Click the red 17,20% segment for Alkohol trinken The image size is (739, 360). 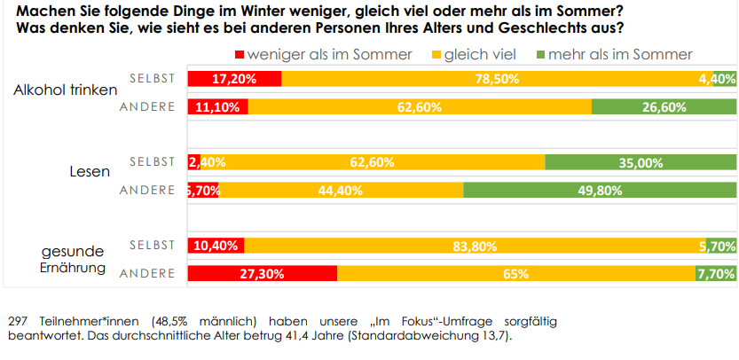pos(234,79)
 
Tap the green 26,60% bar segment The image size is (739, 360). pos(664,107)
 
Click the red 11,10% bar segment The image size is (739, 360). pos(217,107)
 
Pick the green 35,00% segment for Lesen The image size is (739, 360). pos(641,162)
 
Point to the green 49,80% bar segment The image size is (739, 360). pos(600,191)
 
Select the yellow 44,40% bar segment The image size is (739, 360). pos(342,191)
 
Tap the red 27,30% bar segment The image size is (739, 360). pos(262,275)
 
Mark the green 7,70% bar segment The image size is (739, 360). pos(716,275)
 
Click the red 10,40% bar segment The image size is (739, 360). pos(216,247)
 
